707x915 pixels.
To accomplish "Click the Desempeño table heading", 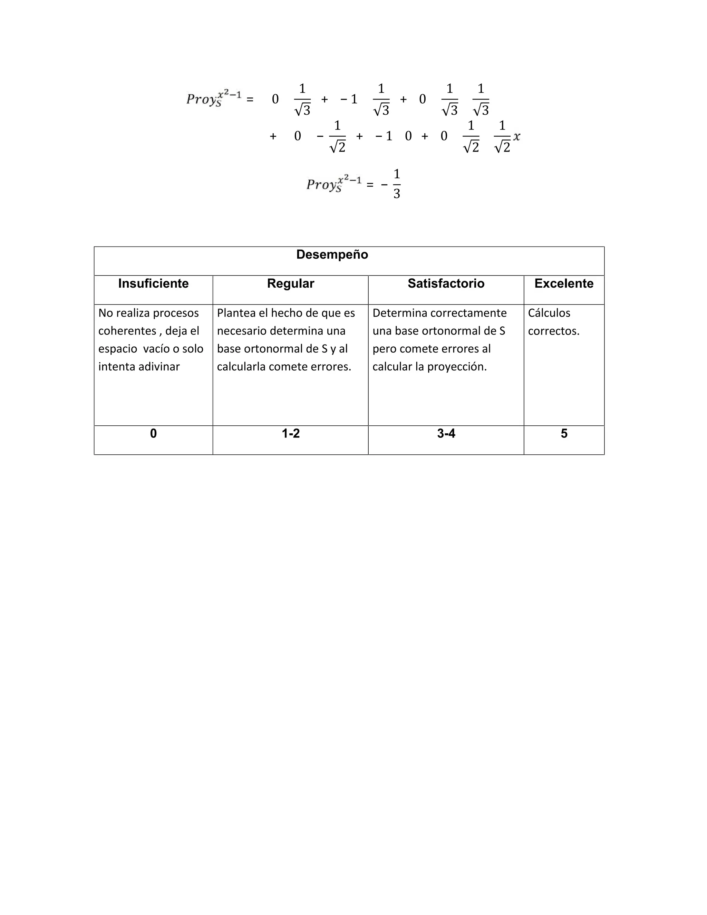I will pyautogui.click(x=332, y=255).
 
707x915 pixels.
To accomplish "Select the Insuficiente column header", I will pyautogui.click(x=153, y=283).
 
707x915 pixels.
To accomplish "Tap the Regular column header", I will pyautogui.click(x=290, y=283).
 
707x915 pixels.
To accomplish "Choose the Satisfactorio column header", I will pyautogui.click(x=446, y=283).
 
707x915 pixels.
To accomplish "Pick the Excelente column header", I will pyautogui.click(x=564, y=283).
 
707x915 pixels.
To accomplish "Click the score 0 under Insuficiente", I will pyautogui.click(x=153, y=434).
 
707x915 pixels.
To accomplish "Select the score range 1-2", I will pyautogui.click(x=291, y=434).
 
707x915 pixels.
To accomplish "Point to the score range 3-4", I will pyautogui.click(x=446, y=434).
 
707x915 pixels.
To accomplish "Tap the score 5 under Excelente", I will pyautogui.click(x=564, y=434).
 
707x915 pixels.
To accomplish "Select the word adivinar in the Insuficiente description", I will pyautogui.click(x=159, y=367).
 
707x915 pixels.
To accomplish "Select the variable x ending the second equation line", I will pyautogui.click(x=517, y=137).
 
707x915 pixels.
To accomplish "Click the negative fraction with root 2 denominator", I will pyautogui.click(x=334, y=137).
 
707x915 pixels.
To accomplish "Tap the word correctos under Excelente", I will pyautogui.click(x=553, y=331).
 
